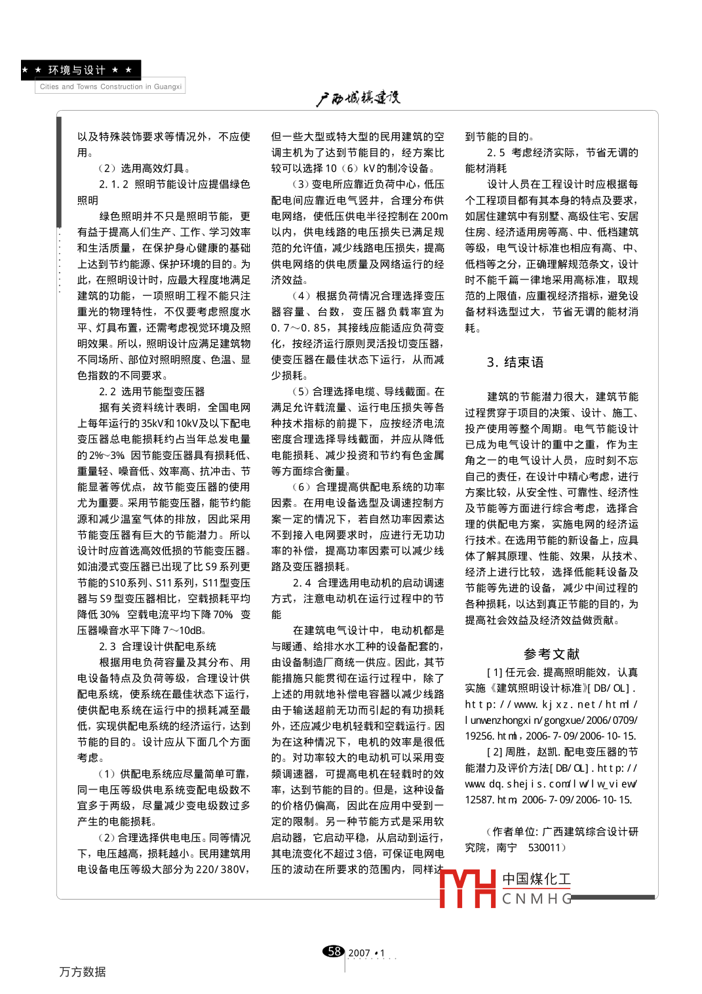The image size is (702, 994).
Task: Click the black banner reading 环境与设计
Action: (x=81, y=70)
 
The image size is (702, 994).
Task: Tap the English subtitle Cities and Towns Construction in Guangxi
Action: (x=110, y=87)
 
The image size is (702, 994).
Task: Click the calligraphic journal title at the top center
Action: (x=358, y=98)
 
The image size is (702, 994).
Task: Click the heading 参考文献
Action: (x=551, y=654)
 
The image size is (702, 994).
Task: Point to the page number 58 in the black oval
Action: (x=334, y=951)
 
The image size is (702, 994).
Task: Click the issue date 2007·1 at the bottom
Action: (x=367, y=953)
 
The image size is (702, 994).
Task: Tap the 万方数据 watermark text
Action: (x=83, y=972)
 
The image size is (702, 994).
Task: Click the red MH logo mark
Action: (x=467, y=888)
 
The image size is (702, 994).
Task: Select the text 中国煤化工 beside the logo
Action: (x=536, y=879)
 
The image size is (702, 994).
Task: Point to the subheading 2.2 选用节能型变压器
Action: (x=151, y=391)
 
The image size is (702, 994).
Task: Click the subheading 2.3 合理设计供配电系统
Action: (x=157, y=646)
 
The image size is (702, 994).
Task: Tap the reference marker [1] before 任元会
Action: (x=495, y=672)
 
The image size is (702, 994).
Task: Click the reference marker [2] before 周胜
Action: (x=495, y=752)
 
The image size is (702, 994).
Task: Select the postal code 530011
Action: (x=545, y=848)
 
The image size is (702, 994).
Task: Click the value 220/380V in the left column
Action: (x=224, y=869)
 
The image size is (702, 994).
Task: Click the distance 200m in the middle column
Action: (x=435, y=216)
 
